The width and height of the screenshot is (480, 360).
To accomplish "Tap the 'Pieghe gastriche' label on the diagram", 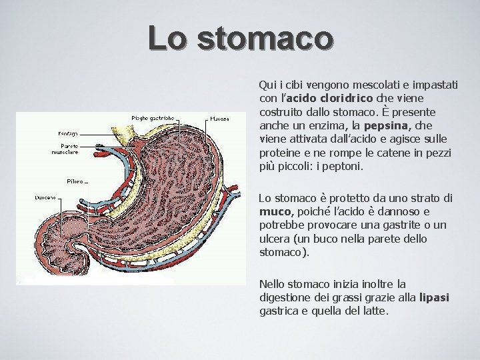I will click(x=153, y=117).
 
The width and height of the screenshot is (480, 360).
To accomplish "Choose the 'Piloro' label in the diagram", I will click(x=74, y=181).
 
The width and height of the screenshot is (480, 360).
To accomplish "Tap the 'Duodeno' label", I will click(x=45, y=197).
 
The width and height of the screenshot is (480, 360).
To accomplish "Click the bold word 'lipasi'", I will click(x=434, y=299).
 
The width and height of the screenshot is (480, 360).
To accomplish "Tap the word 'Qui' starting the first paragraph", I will click(x=266, y=85).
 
